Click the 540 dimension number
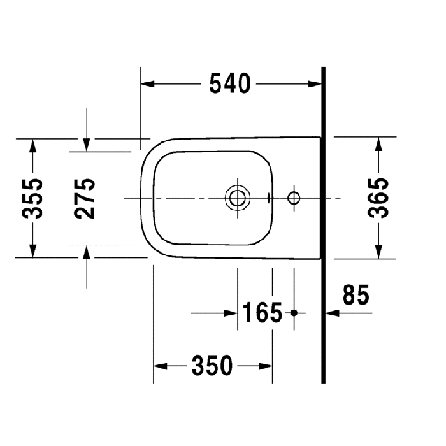pyautogui.click(x=230, y=83)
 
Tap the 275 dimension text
pyautogui.click(x=85, y=198)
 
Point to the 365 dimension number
pyautogui.click(x=379, y=198)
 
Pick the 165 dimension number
pyautogui.click(x=262, y=313)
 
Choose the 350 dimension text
pyautogui.click(x=212, y=366)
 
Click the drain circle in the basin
pyautogui.click(x=237, y=198)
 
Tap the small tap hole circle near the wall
pyautogui.click(x=294, y=198)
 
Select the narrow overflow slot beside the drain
pyautogui.click(x=270, y=198)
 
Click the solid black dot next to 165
pyautogui.click(x=294, y=313)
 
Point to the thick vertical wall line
pyautogui.click(x=324, y=223)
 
